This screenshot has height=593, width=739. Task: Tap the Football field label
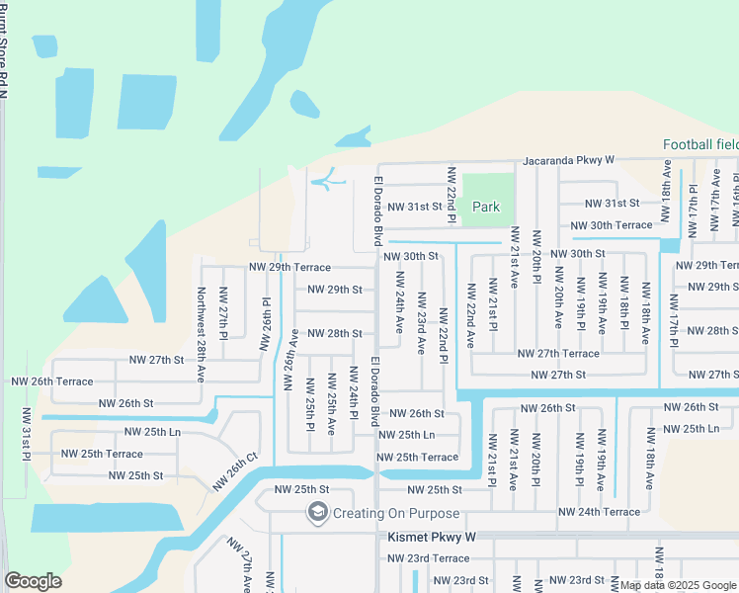699,144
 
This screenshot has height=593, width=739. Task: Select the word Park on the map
485,207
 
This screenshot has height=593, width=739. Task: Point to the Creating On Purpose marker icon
317,513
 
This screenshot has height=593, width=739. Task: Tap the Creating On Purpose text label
395,513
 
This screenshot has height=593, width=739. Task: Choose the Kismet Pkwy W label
429,537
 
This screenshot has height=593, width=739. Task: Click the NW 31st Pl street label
27,432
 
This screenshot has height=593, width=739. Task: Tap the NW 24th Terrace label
599,512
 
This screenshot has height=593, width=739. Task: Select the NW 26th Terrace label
51,381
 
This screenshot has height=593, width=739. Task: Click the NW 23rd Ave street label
421,323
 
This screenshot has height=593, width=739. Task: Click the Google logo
33,581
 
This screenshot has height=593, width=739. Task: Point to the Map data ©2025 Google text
678,585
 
